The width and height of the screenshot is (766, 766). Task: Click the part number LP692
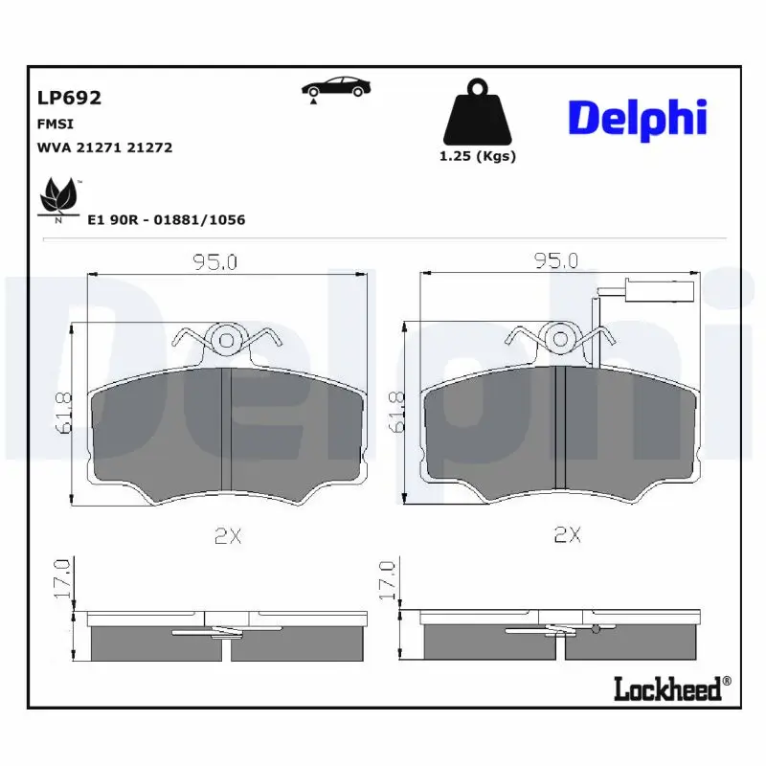[x=69, y=98]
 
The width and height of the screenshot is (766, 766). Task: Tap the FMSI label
[x=55, y=124]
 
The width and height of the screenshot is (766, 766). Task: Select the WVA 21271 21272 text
[x=104, y=148]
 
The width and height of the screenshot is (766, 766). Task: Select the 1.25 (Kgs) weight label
[x=477, y=157]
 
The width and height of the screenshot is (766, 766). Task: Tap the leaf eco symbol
[x=58, y=197]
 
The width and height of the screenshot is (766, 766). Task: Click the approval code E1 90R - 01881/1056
[x=166, y=220]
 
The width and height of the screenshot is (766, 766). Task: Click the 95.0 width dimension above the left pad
[x=214, y=261]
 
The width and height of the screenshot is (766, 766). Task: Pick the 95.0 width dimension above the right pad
[x=556, y=260]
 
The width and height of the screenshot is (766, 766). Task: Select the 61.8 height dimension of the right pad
[x=394, y=413]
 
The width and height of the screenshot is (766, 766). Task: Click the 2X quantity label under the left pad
[x=227, y=536]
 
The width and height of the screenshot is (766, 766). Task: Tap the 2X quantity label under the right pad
[x=568, y=536]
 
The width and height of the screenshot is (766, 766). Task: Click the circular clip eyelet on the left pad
[x=227, y=338]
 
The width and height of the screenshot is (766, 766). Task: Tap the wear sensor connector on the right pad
[x=642, y=295]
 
